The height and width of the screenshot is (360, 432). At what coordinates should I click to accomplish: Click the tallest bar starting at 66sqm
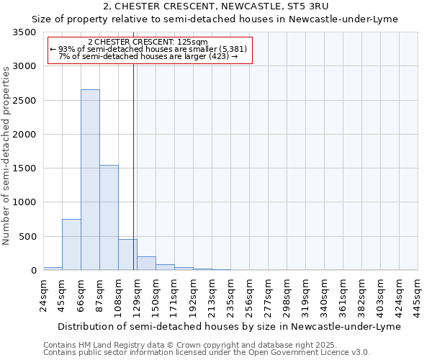pos(90,180)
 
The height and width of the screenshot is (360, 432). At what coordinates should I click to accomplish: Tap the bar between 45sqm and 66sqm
pos(71,245)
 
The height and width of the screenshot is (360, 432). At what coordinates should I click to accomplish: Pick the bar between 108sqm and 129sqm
pos(127,255)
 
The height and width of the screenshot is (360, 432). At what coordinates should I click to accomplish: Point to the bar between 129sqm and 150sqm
pos(146,264)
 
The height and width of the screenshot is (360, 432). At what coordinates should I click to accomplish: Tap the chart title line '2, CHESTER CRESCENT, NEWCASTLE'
pos(216,6)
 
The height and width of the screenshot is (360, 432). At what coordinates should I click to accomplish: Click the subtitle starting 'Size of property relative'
pos(216,19)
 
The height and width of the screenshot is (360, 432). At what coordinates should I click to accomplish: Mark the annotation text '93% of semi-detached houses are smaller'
pos(149,49)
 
